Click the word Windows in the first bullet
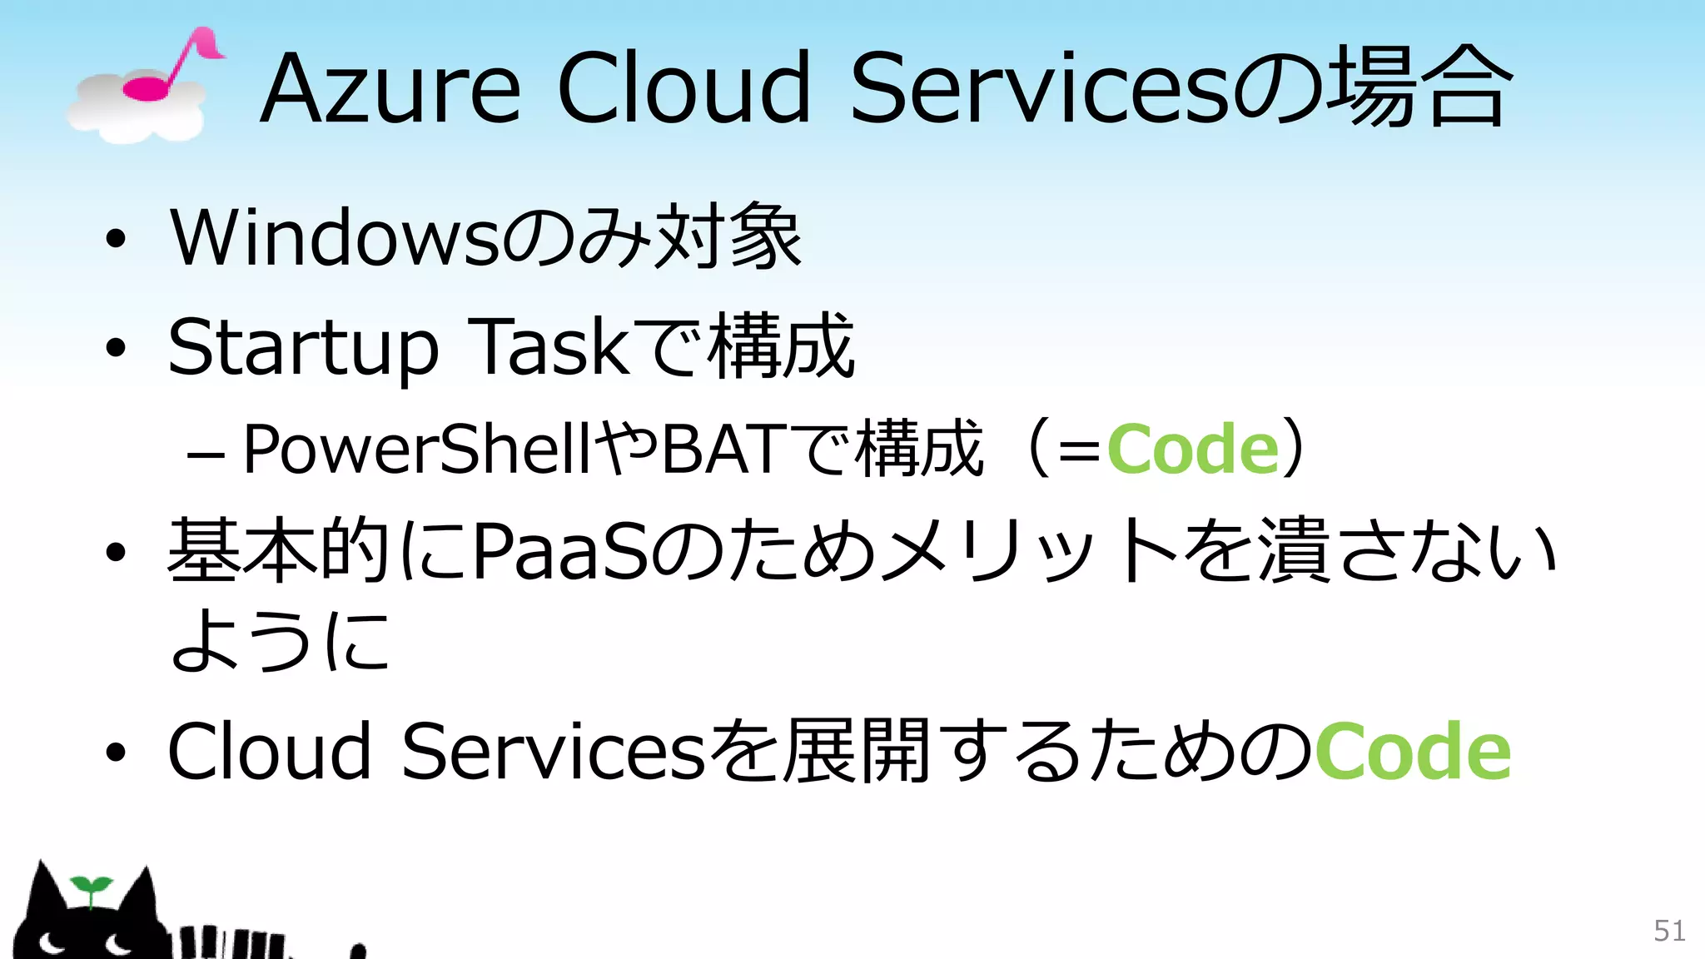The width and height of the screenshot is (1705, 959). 334,239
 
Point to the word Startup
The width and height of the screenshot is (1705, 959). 303,348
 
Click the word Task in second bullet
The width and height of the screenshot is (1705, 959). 550,346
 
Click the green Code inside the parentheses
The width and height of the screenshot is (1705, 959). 1192,450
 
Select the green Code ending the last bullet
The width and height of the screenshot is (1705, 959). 1412,751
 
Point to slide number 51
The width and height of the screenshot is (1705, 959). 1669,931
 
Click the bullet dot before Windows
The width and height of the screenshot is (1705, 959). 116,240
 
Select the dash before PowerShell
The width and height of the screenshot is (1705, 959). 205,456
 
